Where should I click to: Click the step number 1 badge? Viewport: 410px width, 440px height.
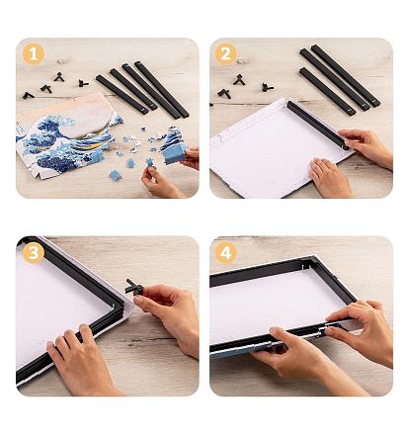click(x=34, y=54)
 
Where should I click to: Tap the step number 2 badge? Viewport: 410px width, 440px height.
click(x=226, y=54)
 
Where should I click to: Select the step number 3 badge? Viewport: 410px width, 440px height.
click(x=34, y=253)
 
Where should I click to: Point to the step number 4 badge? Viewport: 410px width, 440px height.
click(x=226, y=253)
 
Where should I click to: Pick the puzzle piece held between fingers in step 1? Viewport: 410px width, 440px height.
click(x=150, y=162)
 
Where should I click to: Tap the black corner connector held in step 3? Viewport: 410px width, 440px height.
click(x=133, y=287)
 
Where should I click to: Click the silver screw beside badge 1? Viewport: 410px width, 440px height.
click(x=59, y=61)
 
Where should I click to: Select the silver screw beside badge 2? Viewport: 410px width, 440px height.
click(x=240, y=61)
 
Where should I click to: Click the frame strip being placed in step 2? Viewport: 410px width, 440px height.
click(x=317, y=125)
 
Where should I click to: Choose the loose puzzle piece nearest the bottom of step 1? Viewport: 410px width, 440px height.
click(x=116, y=175)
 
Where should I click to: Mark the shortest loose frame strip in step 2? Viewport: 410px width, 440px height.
click(x=328, y=91)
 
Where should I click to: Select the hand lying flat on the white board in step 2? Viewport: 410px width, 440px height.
click(x=330, y=178)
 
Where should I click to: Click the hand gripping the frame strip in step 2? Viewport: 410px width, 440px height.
click(x=366, y=146)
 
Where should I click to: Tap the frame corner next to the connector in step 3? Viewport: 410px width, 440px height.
click(x=120, y=308)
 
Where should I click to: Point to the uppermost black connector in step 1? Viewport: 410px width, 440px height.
click(x=58, y=77)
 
